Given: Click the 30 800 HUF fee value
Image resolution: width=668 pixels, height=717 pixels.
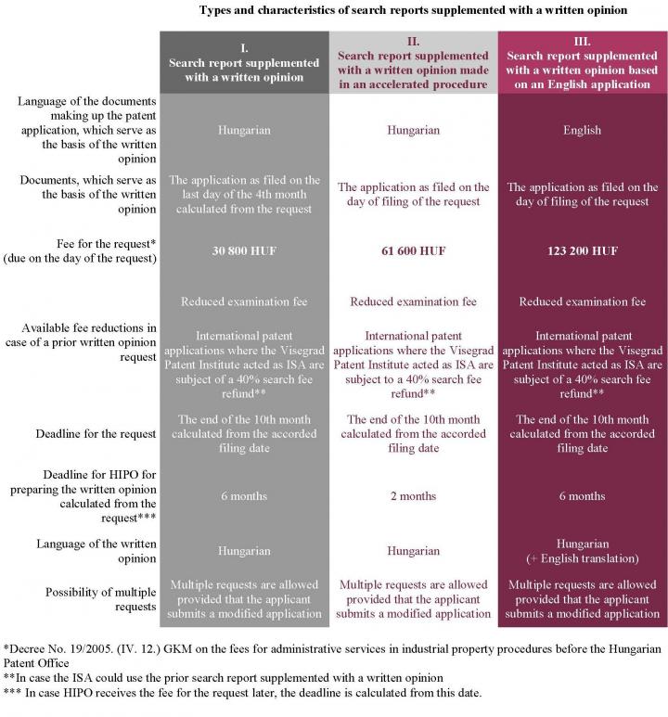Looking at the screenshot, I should [244, 250].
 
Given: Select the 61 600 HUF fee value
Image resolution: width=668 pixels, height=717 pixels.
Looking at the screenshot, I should [413, 250].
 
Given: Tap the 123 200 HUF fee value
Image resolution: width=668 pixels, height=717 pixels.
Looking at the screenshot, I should [582, 250].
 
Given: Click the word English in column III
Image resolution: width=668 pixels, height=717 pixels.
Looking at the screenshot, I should [582, 130].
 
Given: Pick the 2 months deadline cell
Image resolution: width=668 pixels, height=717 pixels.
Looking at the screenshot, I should [413, 496].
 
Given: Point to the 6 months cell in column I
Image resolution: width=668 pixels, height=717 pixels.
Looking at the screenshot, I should [244, 496].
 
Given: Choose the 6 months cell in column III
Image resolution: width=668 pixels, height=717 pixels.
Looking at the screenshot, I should [582, 496].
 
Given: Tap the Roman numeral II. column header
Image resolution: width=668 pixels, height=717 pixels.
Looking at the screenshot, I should [413, 42].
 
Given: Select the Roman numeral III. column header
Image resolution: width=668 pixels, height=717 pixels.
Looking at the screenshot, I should [582, 42].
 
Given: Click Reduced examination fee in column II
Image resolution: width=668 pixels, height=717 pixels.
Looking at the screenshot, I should [413, 301].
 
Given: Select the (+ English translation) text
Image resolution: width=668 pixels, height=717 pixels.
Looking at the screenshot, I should [582, 558].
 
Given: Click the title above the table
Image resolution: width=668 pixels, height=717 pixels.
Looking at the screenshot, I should [413, 10].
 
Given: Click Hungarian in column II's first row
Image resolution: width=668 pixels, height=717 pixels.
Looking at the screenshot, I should [413, 130].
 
